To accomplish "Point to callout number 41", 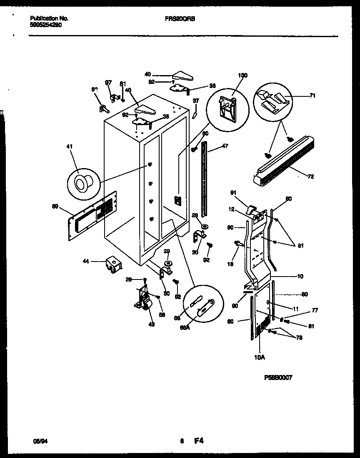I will click(69, 146).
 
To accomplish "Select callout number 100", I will click(242, 75).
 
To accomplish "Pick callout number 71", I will click(312, 96).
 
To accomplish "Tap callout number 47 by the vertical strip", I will click(225, 146).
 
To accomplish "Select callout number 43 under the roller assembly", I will click(151, 324).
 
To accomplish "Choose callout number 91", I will click(234, 193).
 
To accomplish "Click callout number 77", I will click(315, 310).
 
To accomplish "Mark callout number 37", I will click(195, 101).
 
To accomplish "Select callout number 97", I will click(108, 83).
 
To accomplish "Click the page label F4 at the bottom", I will click(199, 440).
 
